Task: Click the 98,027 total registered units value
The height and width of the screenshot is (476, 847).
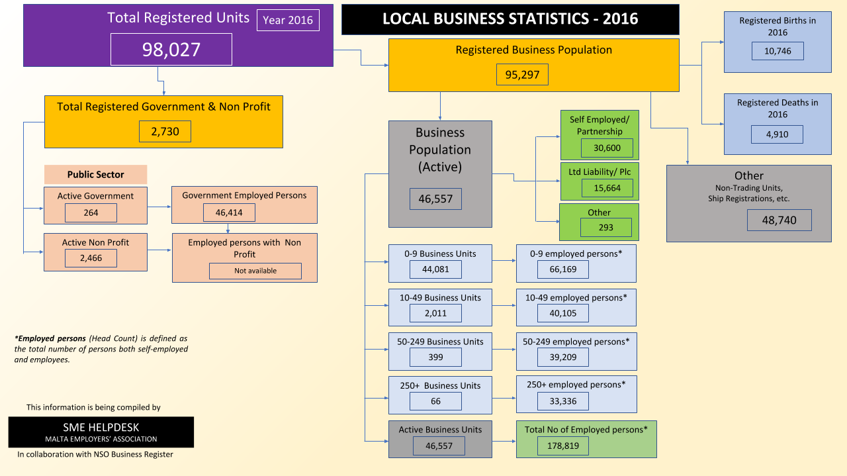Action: pos(171,49)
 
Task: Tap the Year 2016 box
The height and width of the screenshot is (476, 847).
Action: pos(288,20)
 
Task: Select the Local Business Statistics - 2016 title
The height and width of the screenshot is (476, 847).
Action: pos(510,19)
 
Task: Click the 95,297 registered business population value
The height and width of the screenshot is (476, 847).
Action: pos(522,75)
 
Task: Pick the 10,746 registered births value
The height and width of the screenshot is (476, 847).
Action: pos(778,51)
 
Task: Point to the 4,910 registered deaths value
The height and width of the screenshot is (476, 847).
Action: pos(777,134)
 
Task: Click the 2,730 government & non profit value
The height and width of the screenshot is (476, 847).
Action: pos(165,131)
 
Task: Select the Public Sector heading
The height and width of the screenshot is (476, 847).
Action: pos(96,174)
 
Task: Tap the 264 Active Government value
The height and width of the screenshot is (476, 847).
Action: pos(91,213)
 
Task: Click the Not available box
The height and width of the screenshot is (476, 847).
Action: pos(255,271)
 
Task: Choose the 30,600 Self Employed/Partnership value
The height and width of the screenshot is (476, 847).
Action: pos(607,148)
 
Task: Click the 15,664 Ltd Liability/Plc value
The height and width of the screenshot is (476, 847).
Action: pos(607,188)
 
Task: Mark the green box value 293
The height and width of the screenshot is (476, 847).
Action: pos(605,227)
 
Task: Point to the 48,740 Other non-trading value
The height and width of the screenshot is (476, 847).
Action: pos(780,220)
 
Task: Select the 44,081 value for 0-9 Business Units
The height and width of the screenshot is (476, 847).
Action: pos(435,269)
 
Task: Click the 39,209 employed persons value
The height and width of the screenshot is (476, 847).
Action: pos(563,357)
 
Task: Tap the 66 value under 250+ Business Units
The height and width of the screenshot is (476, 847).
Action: pos(435,401)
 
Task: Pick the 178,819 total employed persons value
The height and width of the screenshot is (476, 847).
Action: pos(563,446)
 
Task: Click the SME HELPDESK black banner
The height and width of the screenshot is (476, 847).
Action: pos(101,432)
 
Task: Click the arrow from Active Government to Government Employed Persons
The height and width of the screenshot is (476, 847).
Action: pos(159,207)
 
